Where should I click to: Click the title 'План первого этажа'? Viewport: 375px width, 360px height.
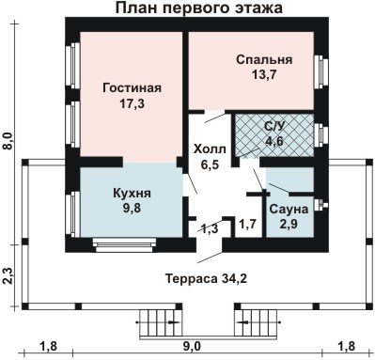pos(199,8)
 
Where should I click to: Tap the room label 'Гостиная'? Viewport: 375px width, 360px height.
pos(132,87)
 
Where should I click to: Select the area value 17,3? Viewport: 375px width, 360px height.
pos(132,103)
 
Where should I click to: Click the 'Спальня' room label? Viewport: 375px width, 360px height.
pos(264,59)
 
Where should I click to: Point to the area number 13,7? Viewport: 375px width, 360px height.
pos(264,74)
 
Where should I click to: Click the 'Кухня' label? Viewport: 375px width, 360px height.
pos(132,193)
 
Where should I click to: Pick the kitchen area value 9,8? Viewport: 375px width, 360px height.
pos(132,208)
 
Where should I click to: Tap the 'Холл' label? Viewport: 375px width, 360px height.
pos(210,149)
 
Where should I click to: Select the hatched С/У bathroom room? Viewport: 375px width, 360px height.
pos(274,135)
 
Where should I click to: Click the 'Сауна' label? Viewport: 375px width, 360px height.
pos(289,209)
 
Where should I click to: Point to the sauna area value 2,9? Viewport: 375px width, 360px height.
pos(289,224)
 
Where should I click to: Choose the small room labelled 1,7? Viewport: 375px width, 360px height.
pos(248,224)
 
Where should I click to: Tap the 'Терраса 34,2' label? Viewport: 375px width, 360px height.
pos(206,278)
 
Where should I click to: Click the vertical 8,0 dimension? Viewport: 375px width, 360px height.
pos(8,141)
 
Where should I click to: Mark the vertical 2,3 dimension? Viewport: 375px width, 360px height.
pos(8,275)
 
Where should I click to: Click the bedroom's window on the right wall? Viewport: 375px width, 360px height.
pos(321,72)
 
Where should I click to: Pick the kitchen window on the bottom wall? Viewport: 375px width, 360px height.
pos(125,244)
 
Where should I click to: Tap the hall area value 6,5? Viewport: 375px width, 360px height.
pos(210,164)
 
